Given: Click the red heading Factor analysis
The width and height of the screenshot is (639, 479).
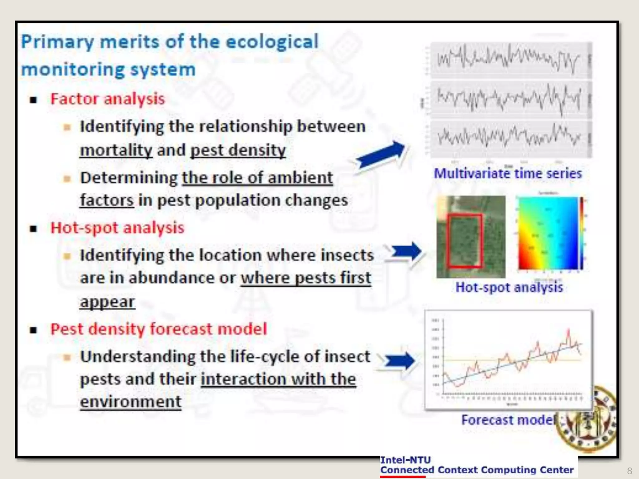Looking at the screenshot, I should [107, 99].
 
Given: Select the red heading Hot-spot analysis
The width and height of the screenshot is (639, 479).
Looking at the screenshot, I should [117, 228].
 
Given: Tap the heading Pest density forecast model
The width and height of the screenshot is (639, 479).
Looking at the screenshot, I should [159, 329].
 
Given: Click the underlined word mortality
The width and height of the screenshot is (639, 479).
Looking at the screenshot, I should [116, 150].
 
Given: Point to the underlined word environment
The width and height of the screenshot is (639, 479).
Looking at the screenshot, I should [130, 402].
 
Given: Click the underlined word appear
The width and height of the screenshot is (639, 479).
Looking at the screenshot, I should [107, 302].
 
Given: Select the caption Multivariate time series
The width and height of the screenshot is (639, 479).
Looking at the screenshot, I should [508, 174].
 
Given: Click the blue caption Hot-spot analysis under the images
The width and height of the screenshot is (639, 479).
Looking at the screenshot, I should [509, 287].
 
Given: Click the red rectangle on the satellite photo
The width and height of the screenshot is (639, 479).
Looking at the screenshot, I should [465, 241].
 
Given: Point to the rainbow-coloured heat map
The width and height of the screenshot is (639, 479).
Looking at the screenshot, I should [548, 233].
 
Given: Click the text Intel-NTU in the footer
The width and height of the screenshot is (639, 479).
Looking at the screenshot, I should [405, 460].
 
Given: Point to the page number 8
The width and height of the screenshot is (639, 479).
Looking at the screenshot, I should [629, 471].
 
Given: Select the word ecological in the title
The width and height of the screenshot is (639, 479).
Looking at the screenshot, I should [272, 42].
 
